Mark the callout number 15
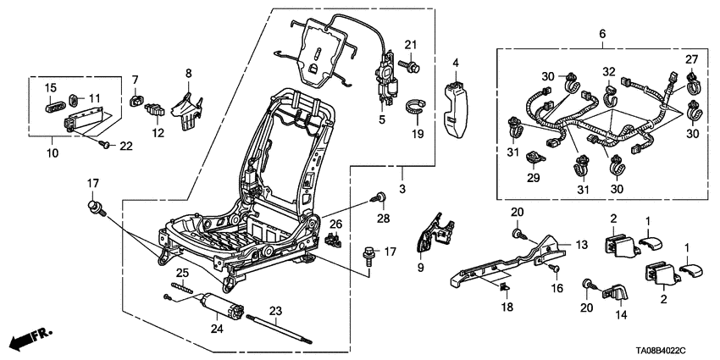50,87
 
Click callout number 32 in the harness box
608,71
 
